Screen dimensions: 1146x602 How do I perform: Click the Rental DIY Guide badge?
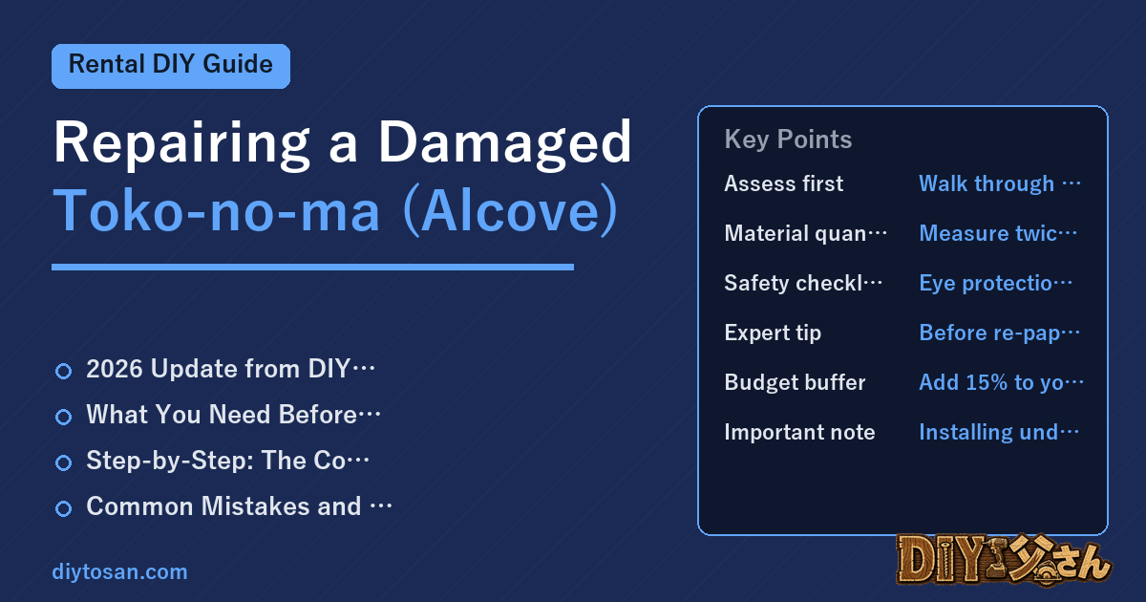[171, 66]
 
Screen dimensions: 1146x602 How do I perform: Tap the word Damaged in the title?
[504, 142]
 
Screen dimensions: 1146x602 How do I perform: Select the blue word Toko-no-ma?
[217, 210]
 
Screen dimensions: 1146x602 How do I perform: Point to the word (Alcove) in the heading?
[511, 211]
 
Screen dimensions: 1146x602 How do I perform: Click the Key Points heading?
[788, 140]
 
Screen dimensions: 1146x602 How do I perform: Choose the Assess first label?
[783, 183]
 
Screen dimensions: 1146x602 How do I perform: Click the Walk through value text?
[1000, 183]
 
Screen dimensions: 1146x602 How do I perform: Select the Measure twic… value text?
[998, 233]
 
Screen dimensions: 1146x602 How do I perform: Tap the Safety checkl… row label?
[803, 283]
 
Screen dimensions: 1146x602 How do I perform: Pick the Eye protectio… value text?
[995, 284]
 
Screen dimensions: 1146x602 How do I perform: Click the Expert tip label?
[773, 333]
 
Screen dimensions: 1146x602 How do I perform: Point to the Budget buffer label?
[795, 382]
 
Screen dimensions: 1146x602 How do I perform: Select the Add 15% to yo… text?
[1001, 382]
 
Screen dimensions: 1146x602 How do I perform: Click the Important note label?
[799, 432]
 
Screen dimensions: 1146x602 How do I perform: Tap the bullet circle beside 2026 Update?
[63, 371]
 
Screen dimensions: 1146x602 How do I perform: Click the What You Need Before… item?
[233, 414]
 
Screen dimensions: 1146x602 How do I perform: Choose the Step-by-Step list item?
[227, 461]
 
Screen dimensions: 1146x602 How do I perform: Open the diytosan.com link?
[119, 571]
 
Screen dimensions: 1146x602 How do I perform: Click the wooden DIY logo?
[1004, 560]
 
